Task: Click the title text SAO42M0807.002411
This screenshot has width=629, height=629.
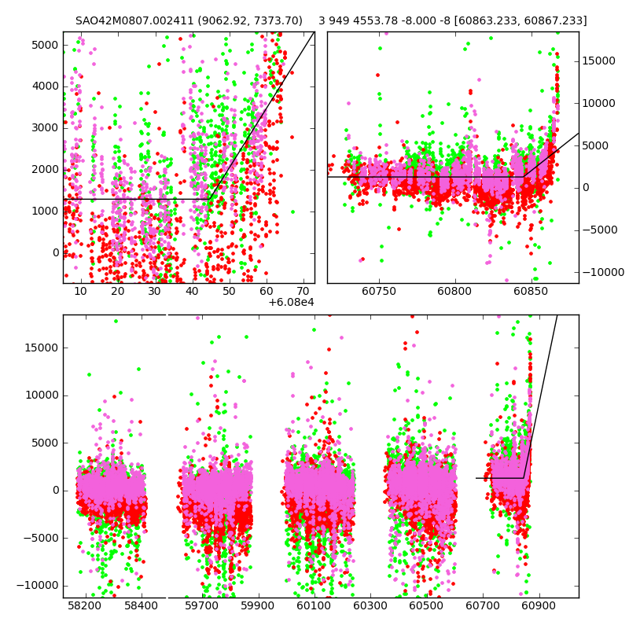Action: (x=133, y=21)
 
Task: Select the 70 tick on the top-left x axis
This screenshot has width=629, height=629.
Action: (x=303, y=292)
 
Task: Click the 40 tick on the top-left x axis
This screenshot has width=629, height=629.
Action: (x=192, y=292)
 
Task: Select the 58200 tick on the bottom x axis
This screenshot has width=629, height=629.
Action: (x=84, y=606)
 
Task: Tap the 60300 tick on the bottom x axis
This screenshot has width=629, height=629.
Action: (x=370, y=606)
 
